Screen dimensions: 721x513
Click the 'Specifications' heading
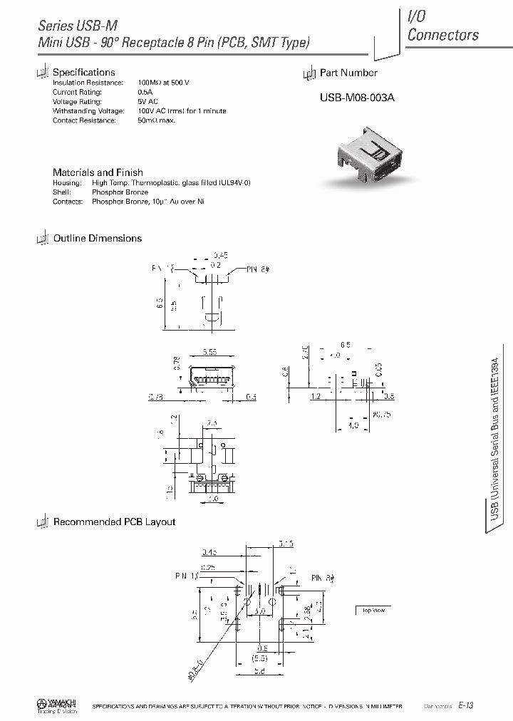84,72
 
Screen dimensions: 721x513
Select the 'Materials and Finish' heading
98,172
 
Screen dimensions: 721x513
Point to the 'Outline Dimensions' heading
98,239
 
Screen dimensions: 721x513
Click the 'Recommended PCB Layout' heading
114,522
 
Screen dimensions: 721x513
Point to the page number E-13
466,705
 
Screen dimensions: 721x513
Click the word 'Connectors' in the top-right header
442,34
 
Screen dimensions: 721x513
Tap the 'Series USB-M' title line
77,25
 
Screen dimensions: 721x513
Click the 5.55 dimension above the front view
210,352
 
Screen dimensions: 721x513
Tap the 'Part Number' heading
348,73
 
